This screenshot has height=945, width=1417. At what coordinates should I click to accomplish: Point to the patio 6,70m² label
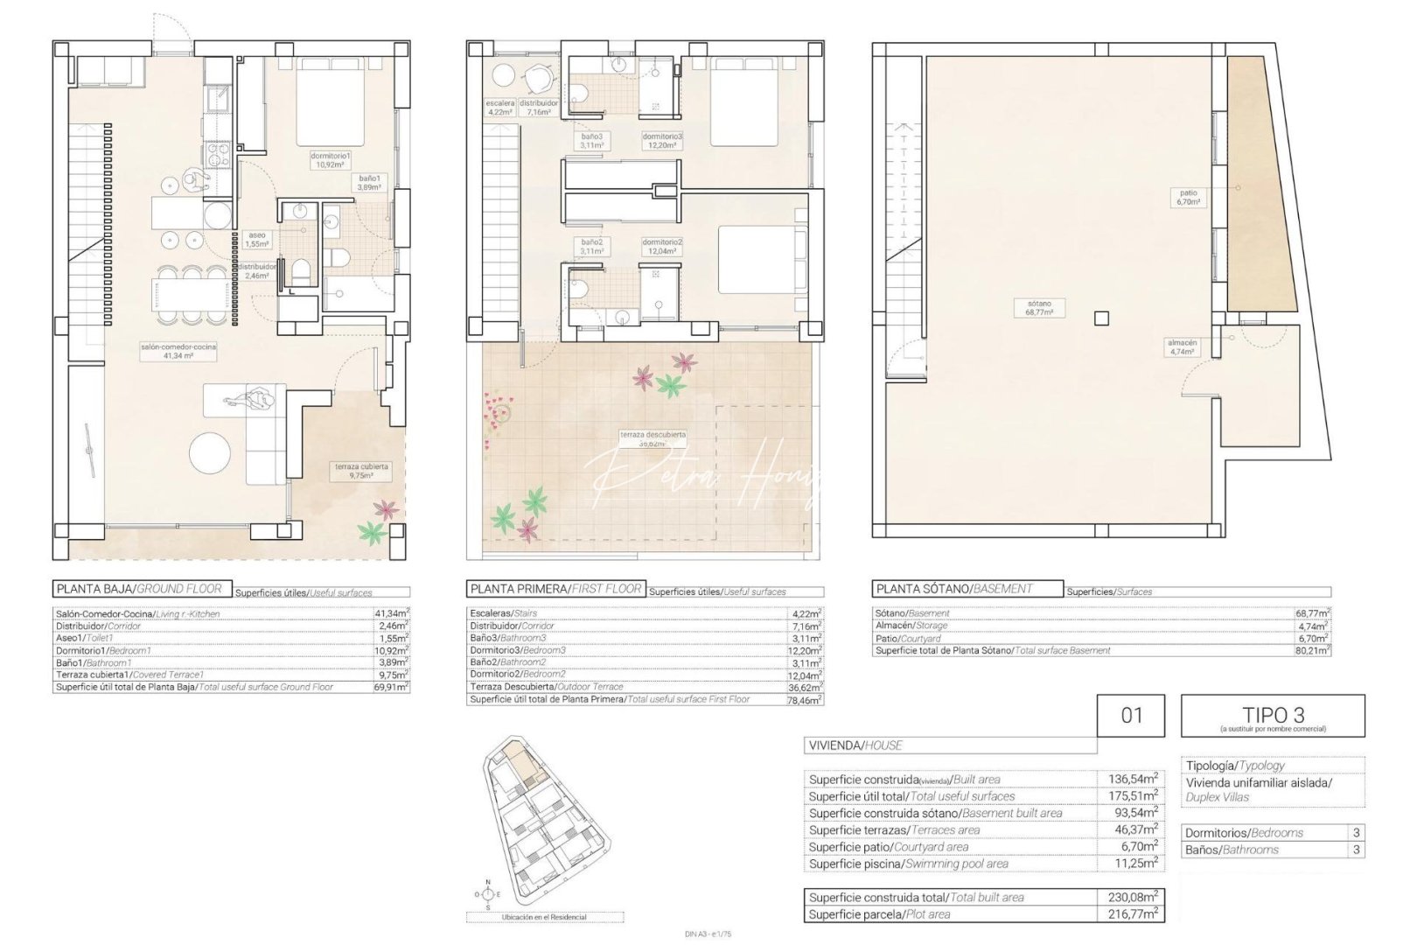coord(1188,197)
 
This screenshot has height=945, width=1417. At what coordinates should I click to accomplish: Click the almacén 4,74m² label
coord(1182,346)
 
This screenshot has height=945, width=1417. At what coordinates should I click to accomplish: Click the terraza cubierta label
coord(361,471)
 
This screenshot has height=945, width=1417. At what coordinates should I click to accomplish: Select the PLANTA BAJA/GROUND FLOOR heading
coord(140,589)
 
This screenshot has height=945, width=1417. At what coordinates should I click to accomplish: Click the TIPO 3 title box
coord(1272,716)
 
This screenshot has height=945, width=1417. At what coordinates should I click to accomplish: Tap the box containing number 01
coord(1131,716)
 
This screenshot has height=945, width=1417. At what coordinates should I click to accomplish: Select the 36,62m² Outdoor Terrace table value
coord(805,688)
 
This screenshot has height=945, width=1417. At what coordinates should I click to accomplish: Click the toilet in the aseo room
coord(299,270)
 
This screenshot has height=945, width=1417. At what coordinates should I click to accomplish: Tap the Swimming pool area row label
coord(908,864)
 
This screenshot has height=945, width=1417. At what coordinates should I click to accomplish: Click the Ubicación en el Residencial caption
coord(544,917)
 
